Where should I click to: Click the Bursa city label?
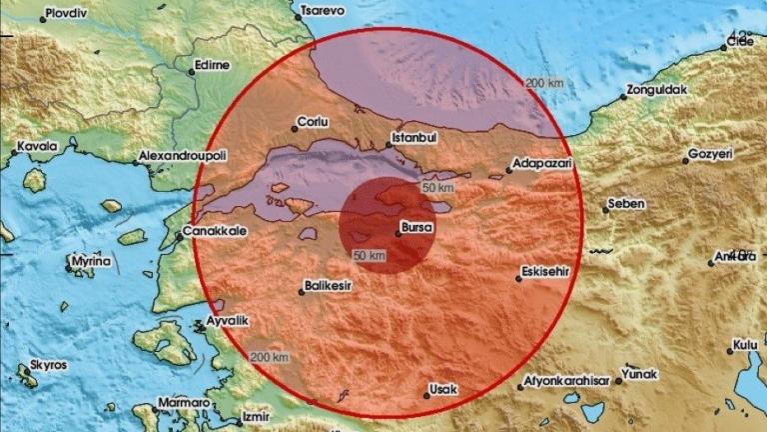(416, 228)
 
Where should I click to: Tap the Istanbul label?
(410, 133)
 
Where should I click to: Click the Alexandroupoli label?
(184, 157)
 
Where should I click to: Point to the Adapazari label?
(540, 161)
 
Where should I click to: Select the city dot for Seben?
(606, 208)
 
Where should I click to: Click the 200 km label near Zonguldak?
(542, 82)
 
